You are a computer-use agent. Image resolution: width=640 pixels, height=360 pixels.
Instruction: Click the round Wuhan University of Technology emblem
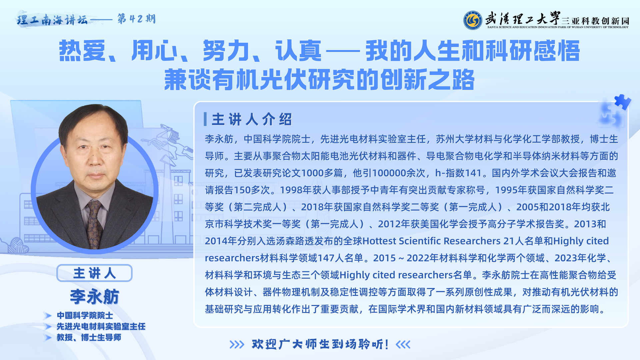(x=472, y=20)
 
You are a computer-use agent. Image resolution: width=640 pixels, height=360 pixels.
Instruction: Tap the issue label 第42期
(x=136, y=19)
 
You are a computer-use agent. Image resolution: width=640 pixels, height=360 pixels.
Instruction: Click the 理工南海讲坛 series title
(x=52, y=20)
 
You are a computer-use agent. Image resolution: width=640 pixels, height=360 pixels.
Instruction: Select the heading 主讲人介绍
(x=252, y=119)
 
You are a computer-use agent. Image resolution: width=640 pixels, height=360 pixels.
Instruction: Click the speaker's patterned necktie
(x=94, y=224)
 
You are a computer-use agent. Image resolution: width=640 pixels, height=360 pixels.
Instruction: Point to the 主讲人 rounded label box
(x=94, y=273)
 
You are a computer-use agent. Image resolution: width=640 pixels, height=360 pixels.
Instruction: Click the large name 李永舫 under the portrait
(x=94, y=296)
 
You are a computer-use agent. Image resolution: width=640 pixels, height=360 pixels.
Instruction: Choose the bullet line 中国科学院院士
(x=85, y=315)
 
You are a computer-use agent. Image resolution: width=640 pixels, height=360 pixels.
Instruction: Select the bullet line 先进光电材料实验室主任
(x=101, y=326)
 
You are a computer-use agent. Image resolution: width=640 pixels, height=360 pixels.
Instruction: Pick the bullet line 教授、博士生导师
(x=89, y=337)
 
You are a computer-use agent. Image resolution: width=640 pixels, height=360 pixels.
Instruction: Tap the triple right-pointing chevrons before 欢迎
(x=237, y=344)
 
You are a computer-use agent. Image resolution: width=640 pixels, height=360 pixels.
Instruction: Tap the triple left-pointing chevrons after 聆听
(x=403, y=344)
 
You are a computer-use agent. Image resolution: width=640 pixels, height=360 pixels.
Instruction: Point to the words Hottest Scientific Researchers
(x=431, y=241)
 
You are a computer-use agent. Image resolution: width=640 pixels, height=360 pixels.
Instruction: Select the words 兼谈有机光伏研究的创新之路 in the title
(x=319, y=79)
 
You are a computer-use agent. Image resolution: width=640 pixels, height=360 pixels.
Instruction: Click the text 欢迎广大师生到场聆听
(x=320, y=344)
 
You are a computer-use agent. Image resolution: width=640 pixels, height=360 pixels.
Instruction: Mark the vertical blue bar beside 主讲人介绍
(x=205, y=119)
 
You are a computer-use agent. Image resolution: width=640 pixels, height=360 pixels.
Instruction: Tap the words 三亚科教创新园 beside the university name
(x=595, y=21)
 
